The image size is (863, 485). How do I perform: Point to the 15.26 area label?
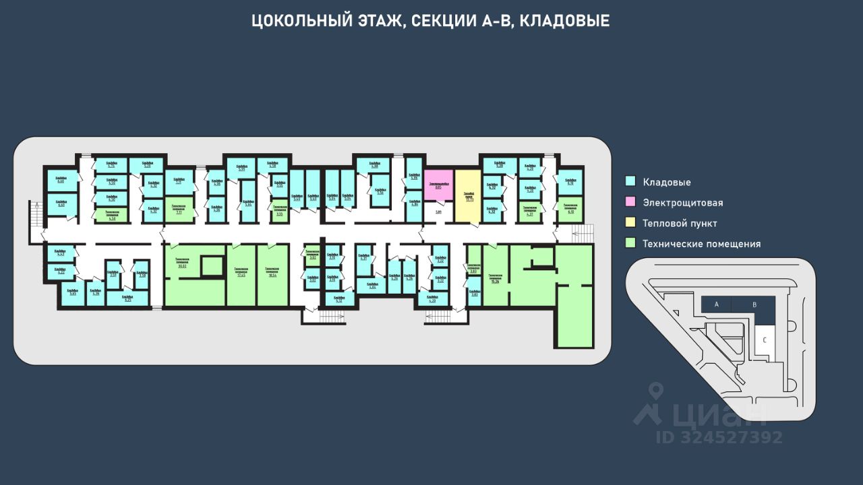496,280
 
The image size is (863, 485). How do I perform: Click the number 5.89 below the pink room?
438,212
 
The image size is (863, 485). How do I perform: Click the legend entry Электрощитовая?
682,203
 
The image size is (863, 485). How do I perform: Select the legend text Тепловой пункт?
680,223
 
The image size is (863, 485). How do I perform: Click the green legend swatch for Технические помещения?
631,243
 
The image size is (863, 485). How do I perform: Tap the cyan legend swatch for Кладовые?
631,181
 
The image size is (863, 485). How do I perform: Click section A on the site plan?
717,304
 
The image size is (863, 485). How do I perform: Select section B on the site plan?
754,304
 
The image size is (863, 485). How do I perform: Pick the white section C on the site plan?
764,339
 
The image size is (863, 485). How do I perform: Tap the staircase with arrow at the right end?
584,232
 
